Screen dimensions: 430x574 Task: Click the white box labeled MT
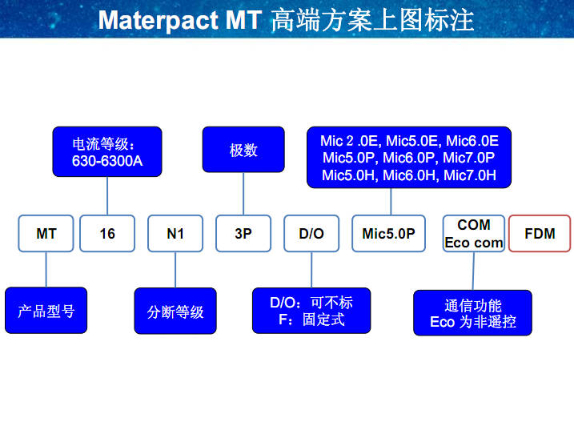[x=46, y=234]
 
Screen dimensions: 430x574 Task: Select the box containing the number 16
[x=107, y=234]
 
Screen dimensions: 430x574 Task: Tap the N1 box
[x=175, y=234]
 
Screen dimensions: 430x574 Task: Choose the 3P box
[x=243, y=234]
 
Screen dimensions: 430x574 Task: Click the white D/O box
[x=311, y=234]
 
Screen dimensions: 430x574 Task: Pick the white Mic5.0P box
[x=388, y=234]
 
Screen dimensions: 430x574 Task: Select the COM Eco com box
[x=474, y=234]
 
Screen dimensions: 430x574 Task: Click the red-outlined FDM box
[x=540, y=234]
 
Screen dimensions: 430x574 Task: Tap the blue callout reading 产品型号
[x=46, y=311]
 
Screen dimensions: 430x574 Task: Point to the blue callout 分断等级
[x=175, y=311]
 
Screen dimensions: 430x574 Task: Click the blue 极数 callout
[x=243, y=150]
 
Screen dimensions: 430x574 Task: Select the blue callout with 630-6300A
[x=107, y=152]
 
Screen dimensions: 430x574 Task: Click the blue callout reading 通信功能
[x=472, y=313]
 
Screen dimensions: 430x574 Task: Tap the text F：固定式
[x=311, y=319]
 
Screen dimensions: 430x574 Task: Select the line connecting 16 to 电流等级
[x=107, y=195]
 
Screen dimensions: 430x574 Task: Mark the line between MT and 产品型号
[x=46, y=270]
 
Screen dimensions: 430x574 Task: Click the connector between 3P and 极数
[x=243, y=194]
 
